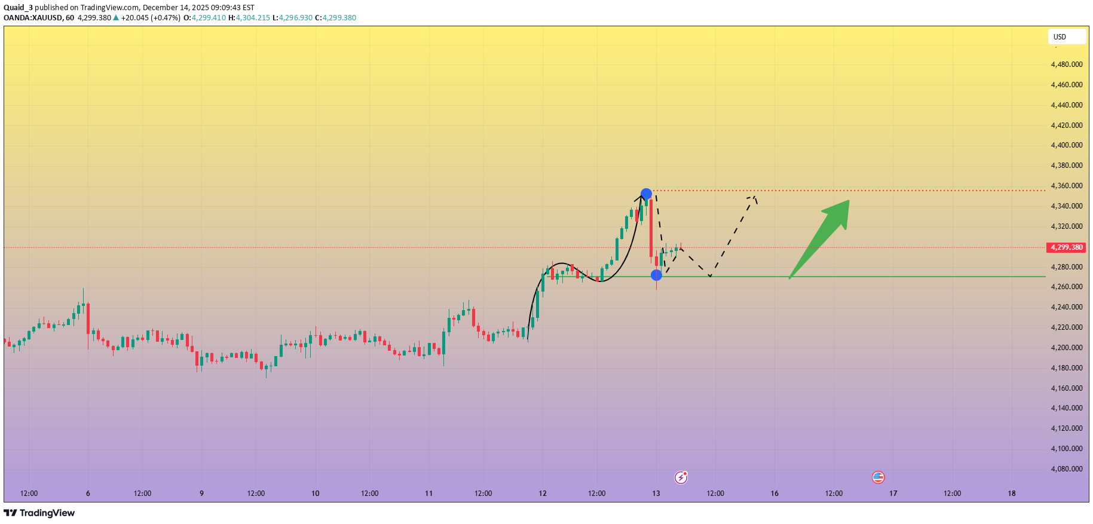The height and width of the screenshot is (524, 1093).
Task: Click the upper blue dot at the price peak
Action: [x=646, y=194]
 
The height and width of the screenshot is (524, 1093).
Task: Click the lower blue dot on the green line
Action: [x=656, y=275]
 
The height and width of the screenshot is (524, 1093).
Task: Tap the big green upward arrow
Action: [x=822, y=235]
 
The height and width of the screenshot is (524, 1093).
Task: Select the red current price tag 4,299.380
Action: [x=1067, y=247]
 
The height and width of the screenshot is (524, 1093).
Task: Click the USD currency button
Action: [x=1066, y=37]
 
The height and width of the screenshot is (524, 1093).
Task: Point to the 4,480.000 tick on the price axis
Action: [x=1067, y=65]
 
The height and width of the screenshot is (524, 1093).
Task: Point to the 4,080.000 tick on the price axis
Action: [x=1067, y=469]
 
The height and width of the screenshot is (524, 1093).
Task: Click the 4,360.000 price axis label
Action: [x=1067, y=186]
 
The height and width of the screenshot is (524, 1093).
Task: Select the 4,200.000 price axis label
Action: [x=1067, y=348]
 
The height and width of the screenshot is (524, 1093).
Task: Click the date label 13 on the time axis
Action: [x=656, y=494]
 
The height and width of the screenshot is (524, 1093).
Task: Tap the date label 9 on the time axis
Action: [x=201, y=494]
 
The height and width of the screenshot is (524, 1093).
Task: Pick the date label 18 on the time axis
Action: [x=1012, y=494]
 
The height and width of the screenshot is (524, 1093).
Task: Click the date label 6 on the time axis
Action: [x=88, y=494]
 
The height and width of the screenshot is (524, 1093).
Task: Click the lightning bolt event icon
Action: [x=681, y=477]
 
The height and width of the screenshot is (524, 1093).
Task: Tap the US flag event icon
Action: [x=878, y=477]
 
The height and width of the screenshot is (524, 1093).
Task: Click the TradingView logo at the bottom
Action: [x=39, y=513]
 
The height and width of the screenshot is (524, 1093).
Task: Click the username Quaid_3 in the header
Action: [x=18, y=8]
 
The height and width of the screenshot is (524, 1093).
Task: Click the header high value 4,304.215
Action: [x=253, y=18]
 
